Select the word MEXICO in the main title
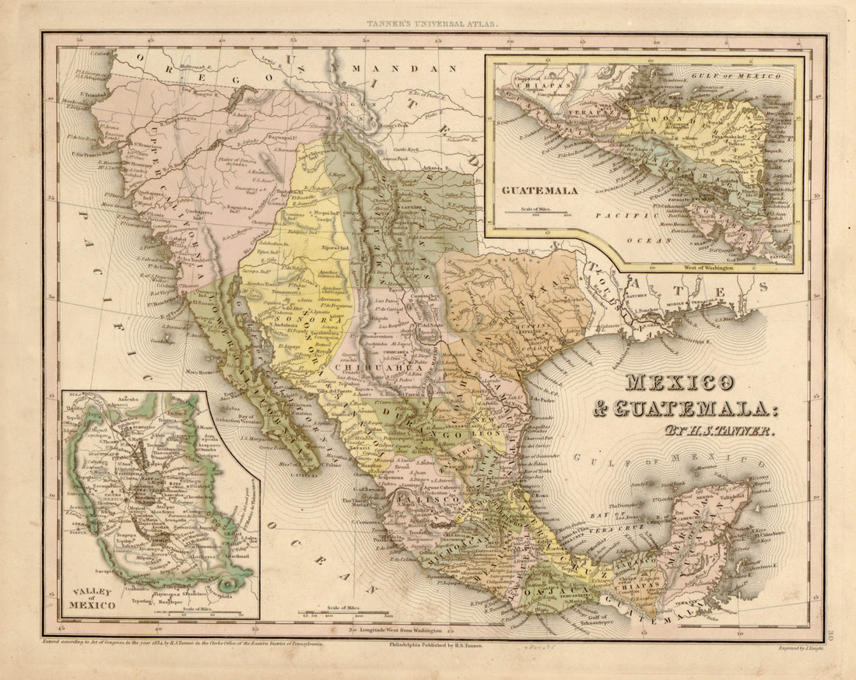point(679,384)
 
